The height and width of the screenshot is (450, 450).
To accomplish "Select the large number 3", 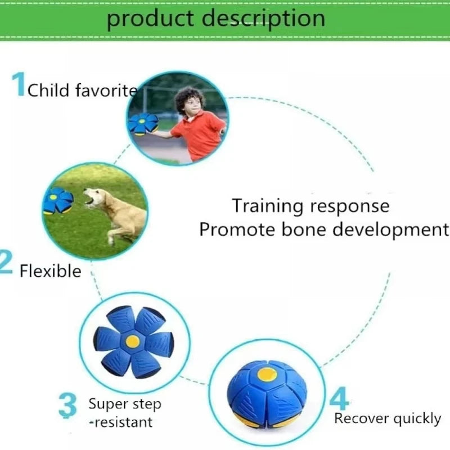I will [x=67, y=406].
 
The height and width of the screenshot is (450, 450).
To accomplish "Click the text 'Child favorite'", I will [x=82, y=90].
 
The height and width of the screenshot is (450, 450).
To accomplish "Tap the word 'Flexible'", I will [x=51, y=271].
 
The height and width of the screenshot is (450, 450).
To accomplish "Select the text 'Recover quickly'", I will [x=387, y=418].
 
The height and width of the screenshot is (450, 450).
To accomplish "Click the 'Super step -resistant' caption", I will [x=124, y=412].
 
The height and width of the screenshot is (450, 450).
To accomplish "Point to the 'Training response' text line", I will [x=310, y=206].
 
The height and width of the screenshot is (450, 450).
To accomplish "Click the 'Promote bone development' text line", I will [x=324, y=229].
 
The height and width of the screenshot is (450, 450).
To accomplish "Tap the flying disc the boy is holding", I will [x=143, y=123].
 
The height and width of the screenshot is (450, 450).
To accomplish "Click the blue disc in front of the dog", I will [x=58, y=200].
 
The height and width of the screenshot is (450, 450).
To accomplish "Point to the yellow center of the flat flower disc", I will [x=133, y=341].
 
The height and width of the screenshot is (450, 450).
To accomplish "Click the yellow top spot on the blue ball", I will [x=267, y=373].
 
